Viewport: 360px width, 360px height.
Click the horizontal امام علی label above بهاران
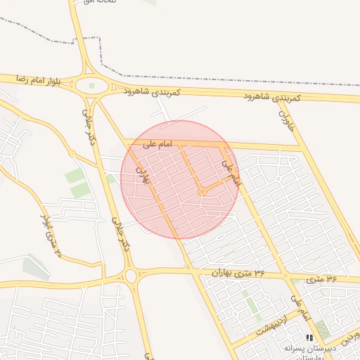pos(157,145)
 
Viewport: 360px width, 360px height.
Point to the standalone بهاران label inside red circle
pos(143,176)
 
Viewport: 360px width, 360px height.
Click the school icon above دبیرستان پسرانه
pos(309,337)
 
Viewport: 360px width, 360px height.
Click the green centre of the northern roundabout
pos(91,86)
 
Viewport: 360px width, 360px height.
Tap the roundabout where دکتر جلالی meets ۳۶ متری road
pos(131,275)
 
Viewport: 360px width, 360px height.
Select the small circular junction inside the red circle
pos(202,191)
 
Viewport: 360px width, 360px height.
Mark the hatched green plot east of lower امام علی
pos(322,328)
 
